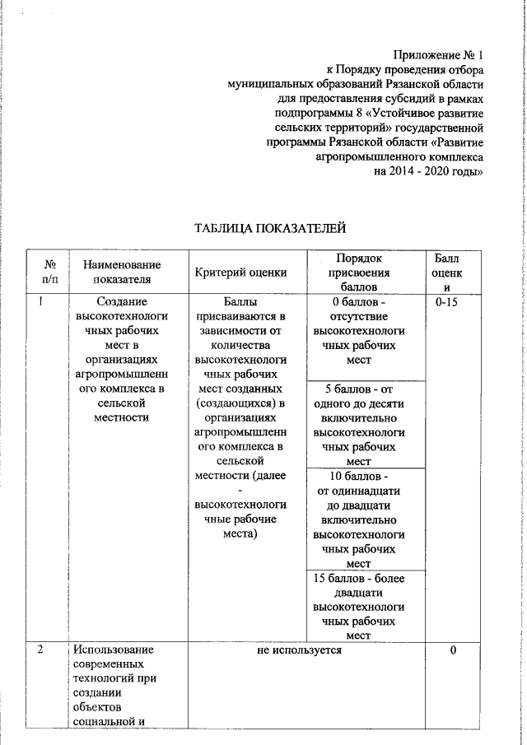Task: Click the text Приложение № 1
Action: pos(438,54)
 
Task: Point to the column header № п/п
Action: pos(50,272)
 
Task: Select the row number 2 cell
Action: pos(41,650)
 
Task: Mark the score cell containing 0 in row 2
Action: pos(453,650)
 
